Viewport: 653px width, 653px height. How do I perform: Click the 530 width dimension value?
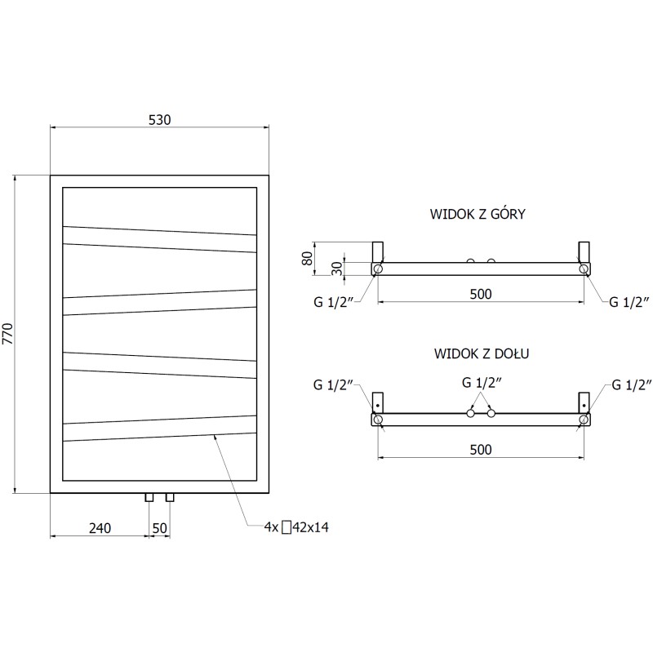(159, 119)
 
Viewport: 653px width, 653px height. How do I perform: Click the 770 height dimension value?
(8, 335)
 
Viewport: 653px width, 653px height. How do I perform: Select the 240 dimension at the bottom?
(99, 528)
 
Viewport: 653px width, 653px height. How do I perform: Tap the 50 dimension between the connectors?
(159, 528)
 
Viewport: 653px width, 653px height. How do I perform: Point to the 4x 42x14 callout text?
(295, 528)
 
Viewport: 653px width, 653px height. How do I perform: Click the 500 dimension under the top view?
(481, 294)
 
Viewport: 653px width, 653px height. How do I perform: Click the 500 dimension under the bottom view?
(481, 449)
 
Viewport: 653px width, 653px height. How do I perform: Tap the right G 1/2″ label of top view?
(629, 302)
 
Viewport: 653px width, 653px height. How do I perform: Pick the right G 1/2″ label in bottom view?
(629, 384)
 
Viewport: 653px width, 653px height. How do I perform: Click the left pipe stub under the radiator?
(149, 497)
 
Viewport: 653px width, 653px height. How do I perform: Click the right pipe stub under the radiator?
(170, 497)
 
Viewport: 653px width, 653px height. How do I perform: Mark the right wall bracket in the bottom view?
(584, 402)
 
